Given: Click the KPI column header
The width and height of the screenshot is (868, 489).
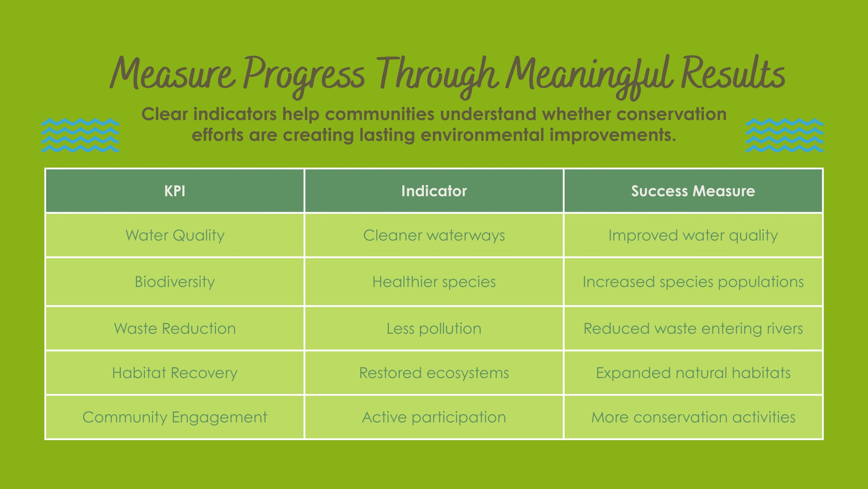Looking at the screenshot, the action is point(175,191).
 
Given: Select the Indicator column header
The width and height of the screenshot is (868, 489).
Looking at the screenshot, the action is point(434,191).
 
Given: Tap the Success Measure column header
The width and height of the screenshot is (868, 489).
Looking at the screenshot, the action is point(693,191).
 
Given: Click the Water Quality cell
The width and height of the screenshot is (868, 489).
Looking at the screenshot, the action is point(175,235).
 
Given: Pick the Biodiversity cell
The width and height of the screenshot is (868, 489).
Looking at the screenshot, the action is point(175,282).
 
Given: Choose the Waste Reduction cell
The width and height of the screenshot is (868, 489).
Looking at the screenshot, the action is point(175,329).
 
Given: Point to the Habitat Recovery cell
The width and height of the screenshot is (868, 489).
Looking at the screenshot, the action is point(175,373).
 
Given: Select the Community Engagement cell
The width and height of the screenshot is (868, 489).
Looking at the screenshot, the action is point(175,417).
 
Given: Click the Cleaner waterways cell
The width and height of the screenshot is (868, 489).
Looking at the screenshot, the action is point(434,235).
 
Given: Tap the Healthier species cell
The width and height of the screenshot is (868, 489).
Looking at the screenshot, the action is point(434,282).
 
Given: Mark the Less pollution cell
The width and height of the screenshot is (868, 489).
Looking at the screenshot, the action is point(434,329).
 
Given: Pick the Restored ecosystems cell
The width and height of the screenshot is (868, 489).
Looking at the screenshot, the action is point(434,373).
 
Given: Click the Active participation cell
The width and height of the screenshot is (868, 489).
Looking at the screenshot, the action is point(434,417).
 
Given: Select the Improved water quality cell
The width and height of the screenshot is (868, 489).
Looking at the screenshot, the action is point(693,235).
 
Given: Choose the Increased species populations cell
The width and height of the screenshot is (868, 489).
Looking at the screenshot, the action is point(693,282).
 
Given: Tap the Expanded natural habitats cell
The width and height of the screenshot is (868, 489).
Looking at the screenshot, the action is point(693,373).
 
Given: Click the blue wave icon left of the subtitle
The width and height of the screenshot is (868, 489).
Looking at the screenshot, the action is point(80,135).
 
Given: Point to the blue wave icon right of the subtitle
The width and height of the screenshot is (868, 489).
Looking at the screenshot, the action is point(784,135).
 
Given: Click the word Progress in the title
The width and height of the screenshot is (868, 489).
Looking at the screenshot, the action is point(304,76).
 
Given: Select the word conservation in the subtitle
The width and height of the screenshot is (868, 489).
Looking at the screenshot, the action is point(671,114).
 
